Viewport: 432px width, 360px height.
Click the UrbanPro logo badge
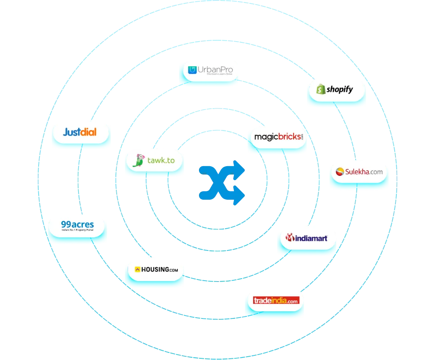pyautogui.click(x=209, y=70)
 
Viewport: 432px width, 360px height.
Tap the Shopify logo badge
pyautogui.click(x=336, y=89)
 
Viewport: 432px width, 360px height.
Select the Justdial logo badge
pyautogui.click(x=80, y=132)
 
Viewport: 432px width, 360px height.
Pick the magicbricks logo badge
pyautogui.click(x=278, y=137)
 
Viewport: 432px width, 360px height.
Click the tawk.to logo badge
pyautogui.click(x=154, y=160)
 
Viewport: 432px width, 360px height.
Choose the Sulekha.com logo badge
pyautogui.click(x=359, y=172)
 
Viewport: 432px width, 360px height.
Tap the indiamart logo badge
pyautogui.click(x=306, y=238)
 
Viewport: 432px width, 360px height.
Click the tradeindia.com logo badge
pyautogui.click(x=275, y=300)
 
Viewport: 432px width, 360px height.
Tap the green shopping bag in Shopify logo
pyautogui.click(x=321, y=89)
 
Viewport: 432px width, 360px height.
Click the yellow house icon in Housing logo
pyautogui.click(x=137, y=270)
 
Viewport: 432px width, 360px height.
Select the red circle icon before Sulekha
pyautogui.click(x=340, y=172)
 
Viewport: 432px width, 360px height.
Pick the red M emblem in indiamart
pyautogui.click(x=290, y=238)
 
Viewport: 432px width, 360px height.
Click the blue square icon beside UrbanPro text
pyautogui.click(x=192, y=70)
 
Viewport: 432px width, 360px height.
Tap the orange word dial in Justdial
pyautogui.click(x=88, y=132)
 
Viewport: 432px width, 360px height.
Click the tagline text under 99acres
pyautogui.click(x=77, y=231)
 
